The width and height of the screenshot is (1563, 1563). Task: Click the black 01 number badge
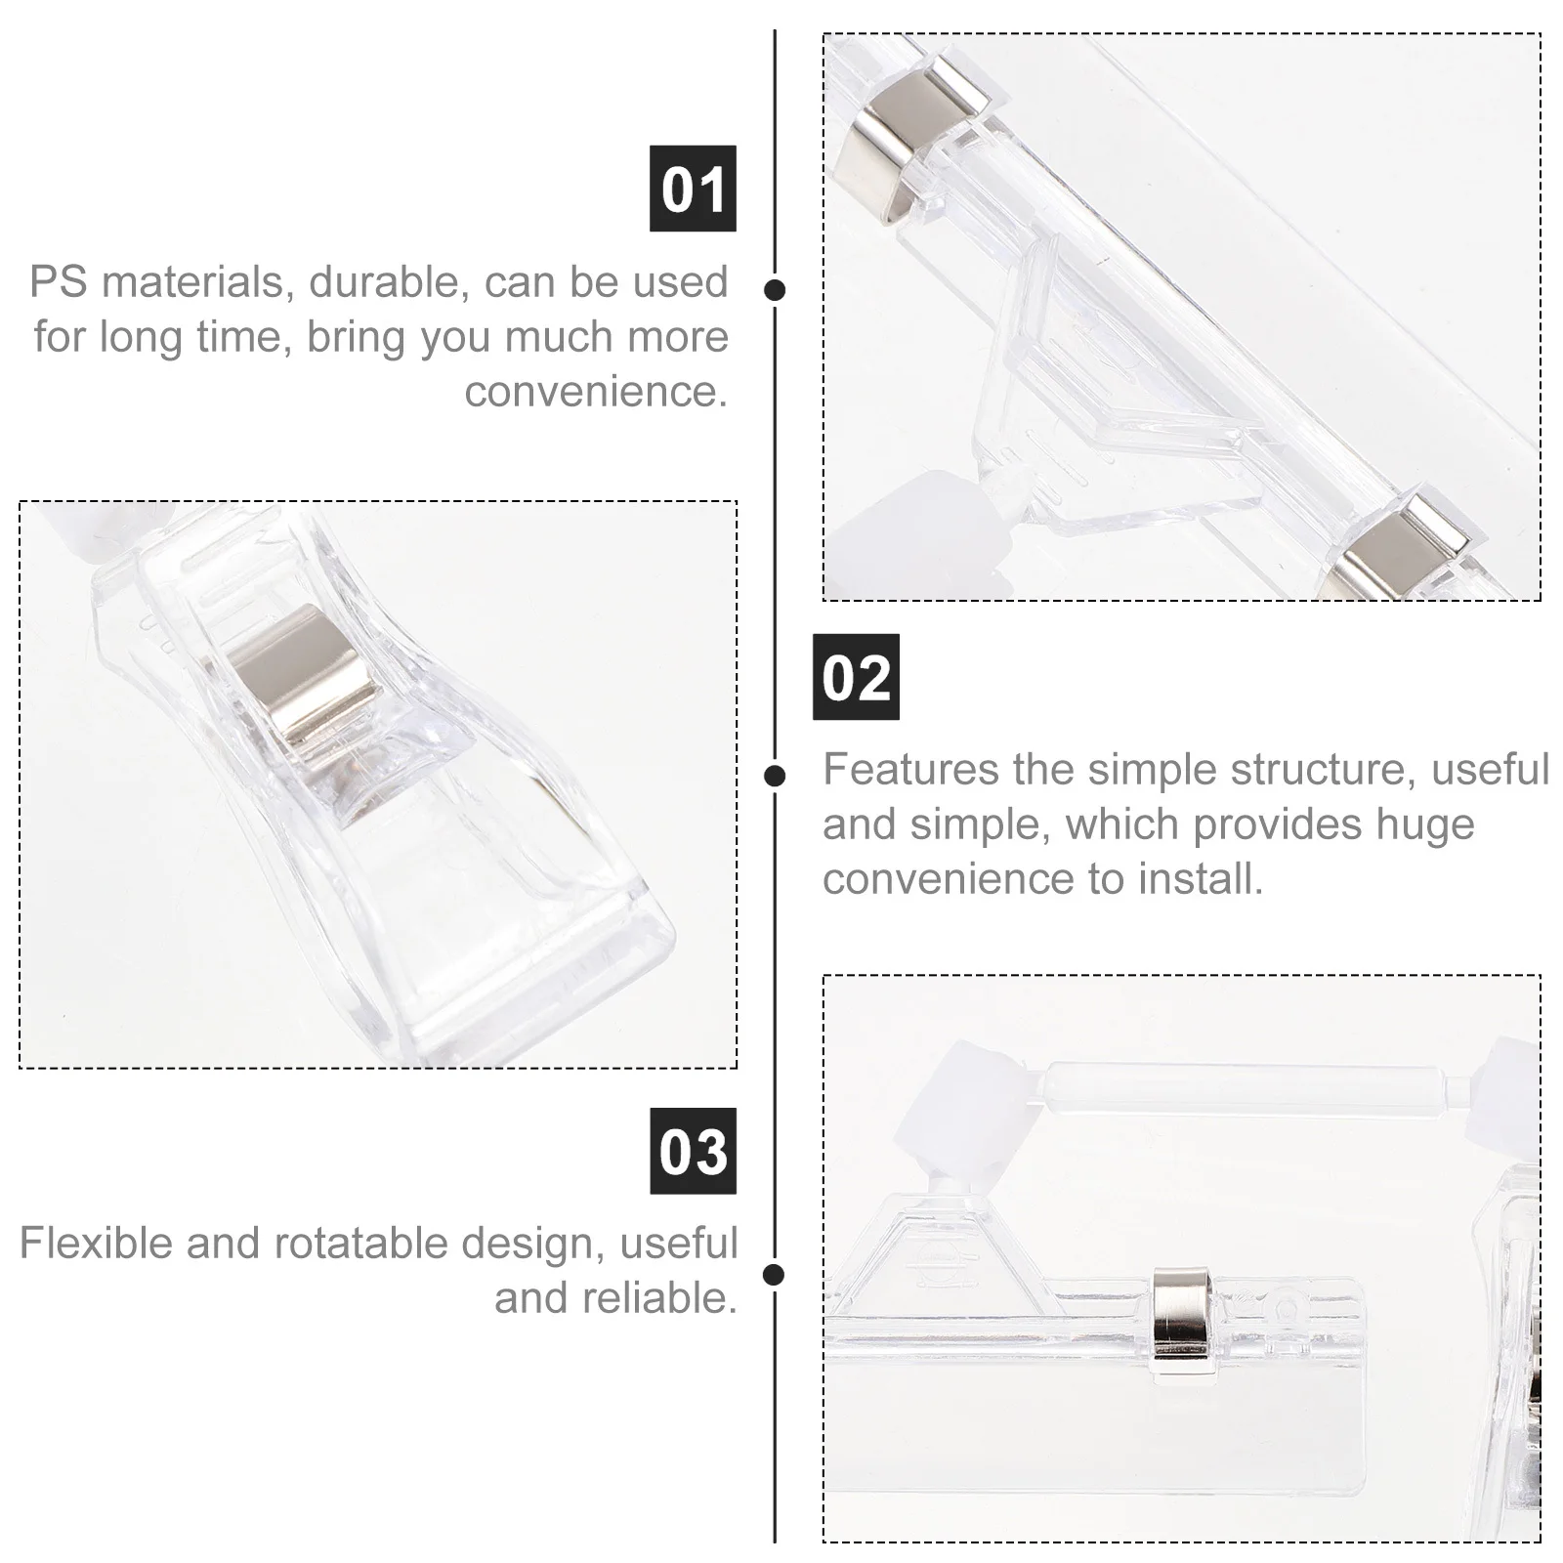click(693, 189)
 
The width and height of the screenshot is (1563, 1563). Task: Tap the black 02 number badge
click(856, 677)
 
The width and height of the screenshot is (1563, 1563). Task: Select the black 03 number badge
click(693, 1151)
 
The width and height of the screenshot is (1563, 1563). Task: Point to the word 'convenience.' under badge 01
click(596, 392)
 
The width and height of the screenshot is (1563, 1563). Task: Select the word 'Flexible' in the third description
click(97, 1244)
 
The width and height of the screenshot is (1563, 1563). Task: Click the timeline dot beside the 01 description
click(776, 290)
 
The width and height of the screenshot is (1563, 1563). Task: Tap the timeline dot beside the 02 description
click(776, 777)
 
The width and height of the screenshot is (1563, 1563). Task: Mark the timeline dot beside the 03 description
click(776, 1275)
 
